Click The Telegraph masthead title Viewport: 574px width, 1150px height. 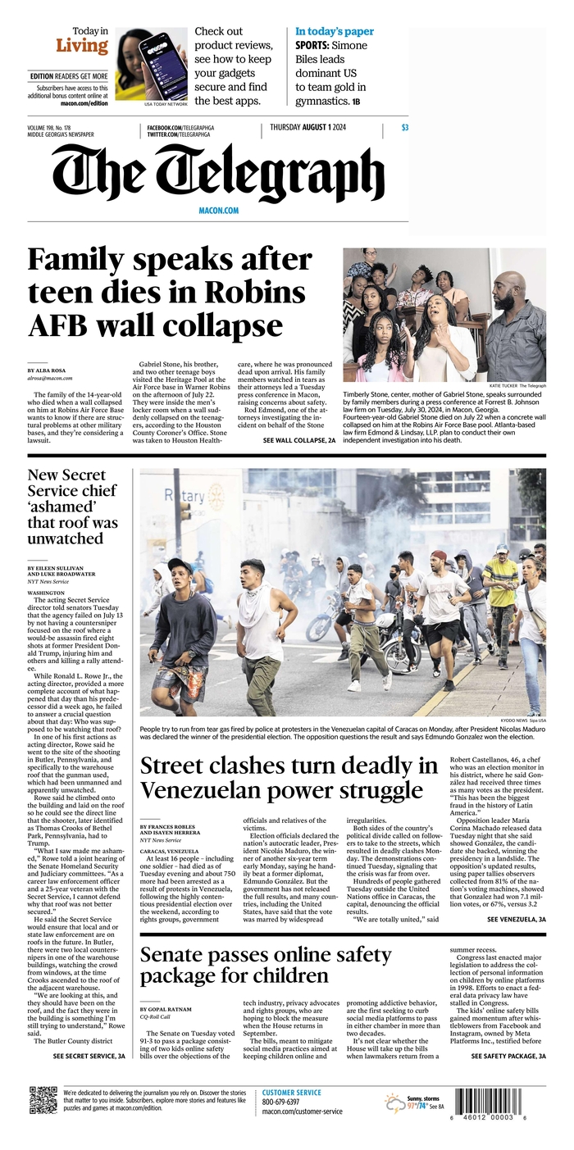(218, 173)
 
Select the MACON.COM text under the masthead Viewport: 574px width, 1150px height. (218, 211)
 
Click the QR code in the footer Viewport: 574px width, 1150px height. (43, 1100)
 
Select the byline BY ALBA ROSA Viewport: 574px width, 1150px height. (48, 370)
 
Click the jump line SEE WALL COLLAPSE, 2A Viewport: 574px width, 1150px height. (299, 440)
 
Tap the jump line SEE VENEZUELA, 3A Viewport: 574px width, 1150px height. (516, 920)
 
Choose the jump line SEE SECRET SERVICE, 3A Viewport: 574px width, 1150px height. (89, 1057)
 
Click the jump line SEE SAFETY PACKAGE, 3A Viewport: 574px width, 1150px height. (508, 1057)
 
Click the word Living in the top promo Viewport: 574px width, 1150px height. (82, 46)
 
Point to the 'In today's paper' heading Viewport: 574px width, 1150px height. (335, 32)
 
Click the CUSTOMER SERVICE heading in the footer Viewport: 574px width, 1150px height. (292, 1092)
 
